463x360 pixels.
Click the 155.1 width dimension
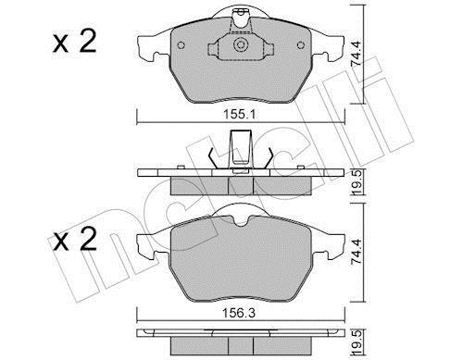point(240,115)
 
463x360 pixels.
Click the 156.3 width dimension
point(240,314)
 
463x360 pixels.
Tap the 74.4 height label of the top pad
point(357,54)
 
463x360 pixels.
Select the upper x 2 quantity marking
point(74,43)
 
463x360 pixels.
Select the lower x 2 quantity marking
point(74,241)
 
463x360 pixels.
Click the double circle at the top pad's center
point(241,45)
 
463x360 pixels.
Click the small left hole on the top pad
point(181,45)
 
